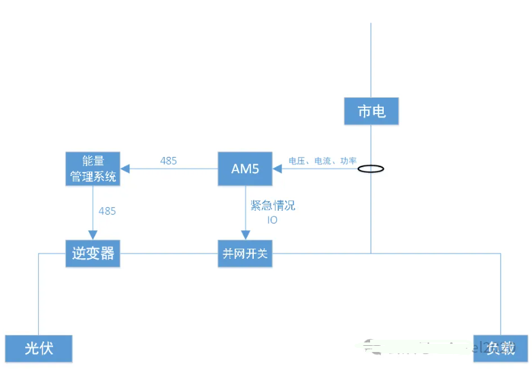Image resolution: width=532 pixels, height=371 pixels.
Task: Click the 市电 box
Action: pos(371,111)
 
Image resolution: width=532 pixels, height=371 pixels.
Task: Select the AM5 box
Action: pos(245,169)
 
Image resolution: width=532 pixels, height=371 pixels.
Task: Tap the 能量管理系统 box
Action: pos(93,169)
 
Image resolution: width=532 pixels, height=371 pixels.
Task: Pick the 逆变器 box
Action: pos(93,253)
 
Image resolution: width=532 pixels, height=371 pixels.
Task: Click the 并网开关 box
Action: pos(245,253)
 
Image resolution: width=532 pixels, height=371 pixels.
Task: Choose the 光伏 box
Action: pos(38,348)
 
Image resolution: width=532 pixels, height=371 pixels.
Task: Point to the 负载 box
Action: pos(501,348)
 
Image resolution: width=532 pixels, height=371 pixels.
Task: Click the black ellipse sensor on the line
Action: pos(371,169)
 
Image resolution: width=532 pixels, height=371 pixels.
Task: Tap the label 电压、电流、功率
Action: pos(322,161)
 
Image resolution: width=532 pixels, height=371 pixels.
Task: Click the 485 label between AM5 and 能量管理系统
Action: pos(169,161)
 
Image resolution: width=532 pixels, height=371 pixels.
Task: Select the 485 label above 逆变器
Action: pos(107,211)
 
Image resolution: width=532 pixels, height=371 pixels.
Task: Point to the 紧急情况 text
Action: pos(273,206)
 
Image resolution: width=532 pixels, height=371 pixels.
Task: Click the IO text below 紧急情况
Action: pos(272,220)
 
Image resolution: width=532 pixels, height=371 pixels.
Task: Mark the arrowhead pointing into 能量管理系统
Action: pos(125,169)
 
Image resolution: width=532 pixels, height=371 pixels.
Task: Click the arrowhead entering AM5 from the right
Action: pos(278,169)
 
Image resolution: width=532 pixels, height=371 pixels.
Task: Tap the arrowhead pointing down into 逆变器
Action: pos(93,234)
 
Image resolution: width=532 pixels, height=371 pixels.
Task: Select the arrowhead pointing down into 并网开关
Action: pos(245,234)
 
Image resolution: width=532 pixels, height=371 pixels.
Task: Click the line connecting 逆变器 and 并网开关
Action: pos(169,253)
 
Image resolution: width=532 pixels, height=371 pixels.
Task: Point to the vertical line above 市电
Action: pos(371,61)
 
